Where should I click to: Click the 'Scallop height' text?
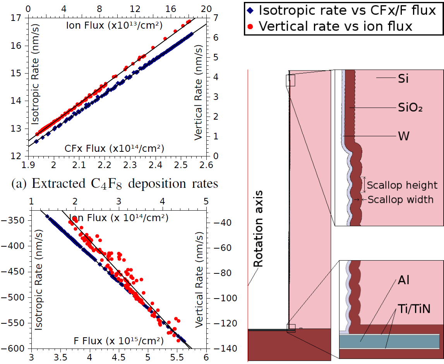pos(397,185)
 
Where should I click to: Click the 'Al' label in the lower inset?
pos(403,280)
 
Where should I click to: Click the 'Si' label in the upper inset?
pos(403,79)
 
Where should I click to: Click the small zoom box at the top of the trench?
pos(290,80)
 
